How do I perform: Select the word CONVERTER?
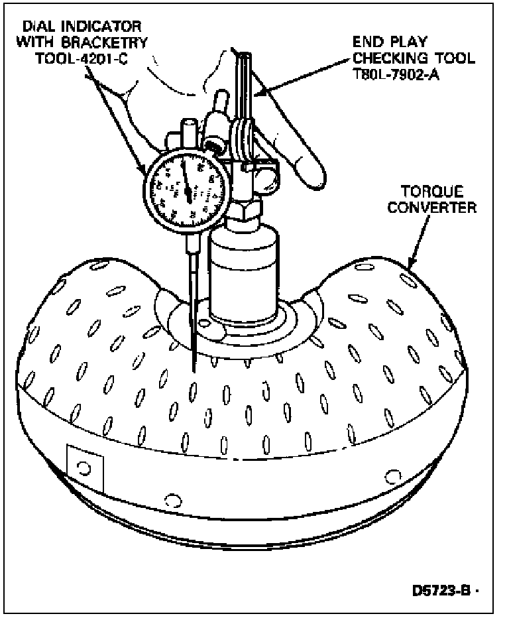pyautogui.click(x=431, y=208)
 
